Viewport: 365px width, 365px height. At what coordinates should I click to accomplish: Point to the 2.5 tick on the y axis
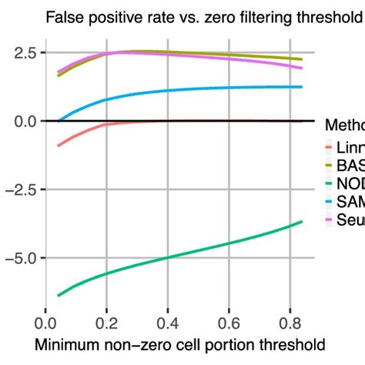click(x=19, y=53)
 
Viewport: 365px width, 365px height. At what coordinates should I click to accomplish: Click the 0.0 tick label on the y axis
click(x=19, y=121)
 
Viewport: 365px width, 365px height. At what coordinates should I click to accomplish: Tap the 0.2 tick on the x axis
click(x=106, y=322)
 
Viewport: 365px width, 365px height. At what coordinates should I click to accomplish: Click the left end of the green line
click(x=59, y=295)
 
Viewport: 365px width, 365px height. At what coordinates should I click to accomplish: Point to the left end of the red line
click(x=59, y=145)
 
